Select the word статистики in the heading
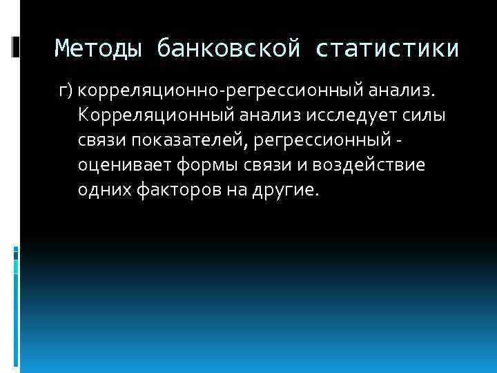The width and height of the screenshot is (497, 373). pyautogui.click(x=387, y=48)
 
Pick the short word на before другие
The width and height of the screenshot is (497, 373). pyautogui.click(x=233, y=191)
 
